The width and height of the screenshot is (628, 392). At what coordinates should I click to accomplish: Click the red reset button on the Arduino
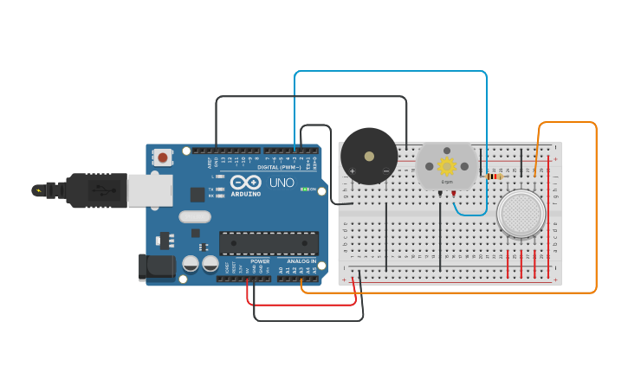coord(162,157)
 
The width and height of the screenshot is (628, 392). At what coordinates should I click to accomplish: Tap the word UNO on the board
coord(282,183)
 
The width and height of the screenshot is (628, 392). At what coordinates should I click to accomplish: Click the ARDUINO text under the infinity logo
coord(246,195)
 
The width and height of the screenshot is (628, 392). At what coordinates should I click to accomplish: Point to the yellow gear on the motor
coord(447,165)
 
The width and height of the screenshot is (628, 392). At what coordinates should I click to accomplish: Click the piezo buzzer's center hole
coord(370,157)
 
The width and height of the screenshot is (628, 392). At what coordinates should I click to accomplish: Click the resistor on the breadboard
coord(494,177)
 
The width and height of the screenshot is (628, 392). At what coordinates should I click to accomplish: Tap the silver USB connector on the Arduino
coord(149,190)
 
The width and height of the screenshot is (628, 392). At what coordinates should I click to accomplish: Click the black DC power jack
coord(157,267)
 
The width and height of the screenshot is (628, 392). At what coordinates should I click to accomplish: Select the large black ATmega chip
coord(262,243)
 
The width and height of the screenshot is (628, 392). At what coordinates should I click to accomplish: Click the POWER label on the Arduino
coord(260,260)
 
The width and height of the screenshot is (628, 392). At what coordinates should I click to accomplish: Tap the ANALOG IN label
coord(301,260)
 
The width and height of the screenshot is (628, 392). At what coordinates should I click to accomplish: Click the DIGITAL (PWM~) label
coord(280,166)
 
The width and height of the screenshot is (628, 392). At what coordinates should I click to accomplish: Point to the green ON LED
coord(304,189)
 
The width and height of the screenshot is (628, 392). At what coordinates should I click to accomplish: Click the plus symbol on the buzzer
coord(352,171)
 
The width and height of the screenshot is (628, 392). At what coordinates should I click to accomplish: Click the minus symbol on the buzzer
coord(386,171)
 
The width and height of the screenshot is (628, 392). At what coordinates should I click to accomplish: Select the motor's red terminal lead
coord(454,194)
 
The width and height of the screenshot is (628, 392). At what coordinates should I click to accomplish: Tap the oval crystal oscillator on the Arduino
coord(195,216)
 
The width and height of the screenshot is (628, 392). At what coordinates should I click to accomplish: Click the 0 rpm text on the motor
coord(447,182)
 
